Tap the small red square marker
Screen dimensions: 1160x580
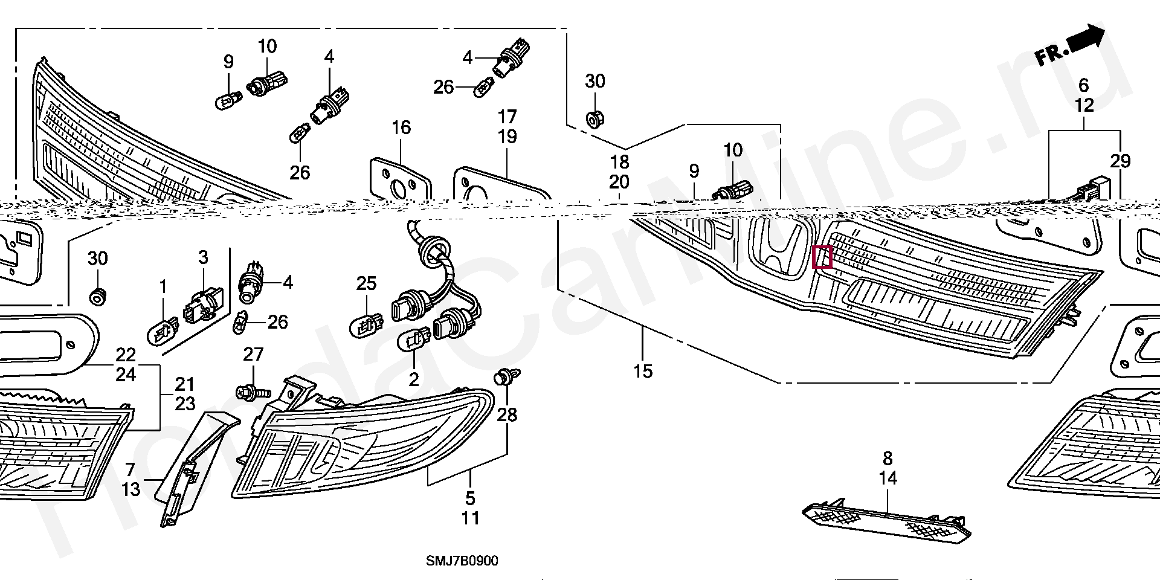tap(823, 257)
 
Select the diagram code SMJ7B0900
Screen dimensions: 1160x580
tap(462, 561)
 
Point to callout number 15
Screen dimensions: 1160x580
tap(643, 371)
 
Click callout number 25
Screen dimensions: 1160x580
tap(367, 283)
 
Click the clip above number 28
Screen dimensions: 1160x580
tap(503, 378)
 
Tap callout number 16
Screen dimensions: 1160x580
tap(401, 127)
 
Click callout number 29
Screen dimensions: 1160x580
tap(1120, 161)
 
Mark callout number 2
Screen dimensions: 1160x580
tap(414, 380)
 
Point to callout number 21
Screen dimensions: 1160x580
tap(185, 384)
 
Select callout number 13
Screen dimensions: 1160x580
tap(131, 489)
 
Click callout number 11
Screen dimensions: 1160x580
tap(471, 518)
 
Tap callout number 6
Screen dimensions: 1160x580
tap(1084, 85)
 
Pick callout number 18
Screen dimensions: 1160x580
tap(619, 162)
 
